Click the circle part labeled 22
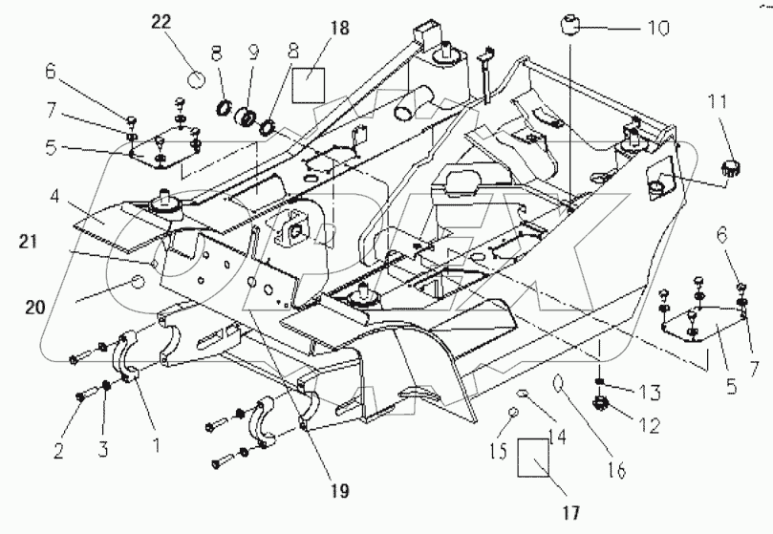[x=196, y=76]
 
